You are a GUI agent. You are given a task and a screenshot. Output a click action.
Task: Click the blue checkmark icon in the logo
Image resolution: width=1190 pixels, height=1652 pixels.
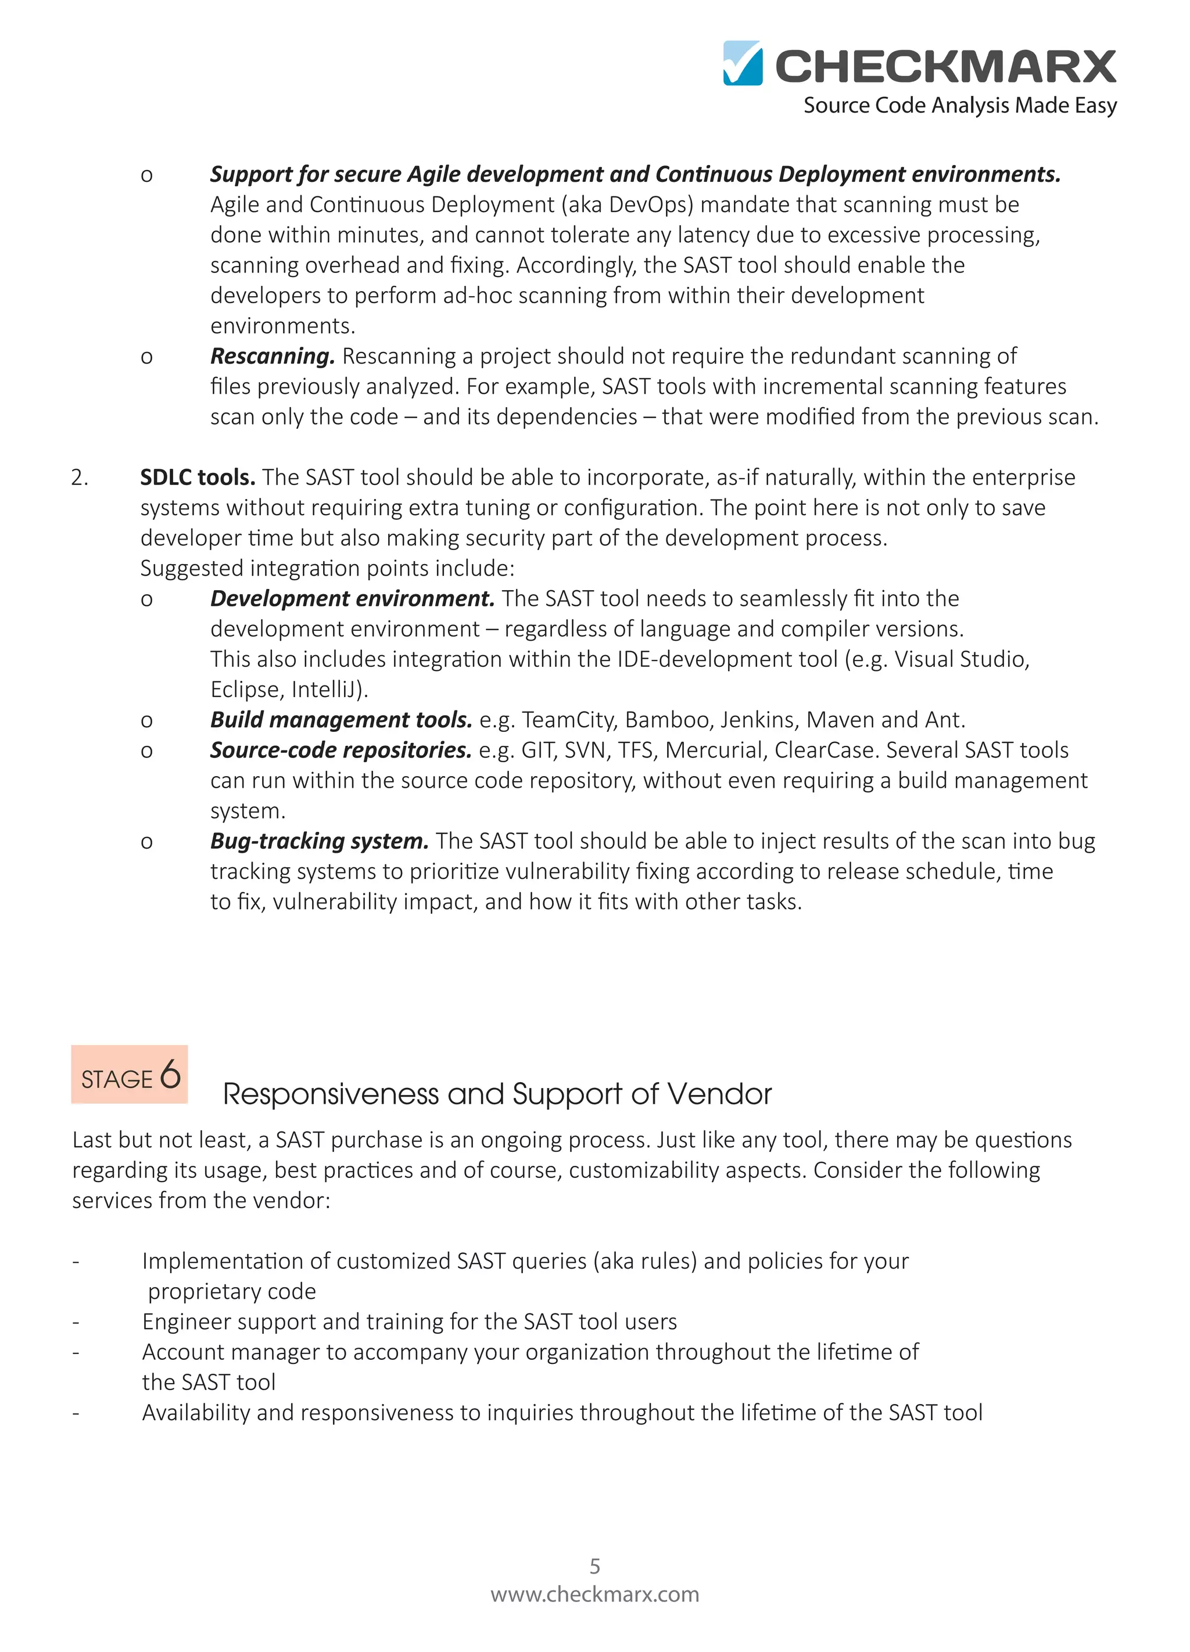tap(743, 63)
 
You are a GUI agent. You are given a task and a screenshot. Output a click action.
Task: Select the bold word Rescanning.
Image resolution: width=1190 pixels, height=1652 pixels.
tap(272, 356)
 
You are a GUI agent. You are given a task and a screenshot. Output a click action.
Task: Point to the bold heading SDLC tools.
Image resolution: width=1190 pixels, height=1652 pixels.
tap(198, 477)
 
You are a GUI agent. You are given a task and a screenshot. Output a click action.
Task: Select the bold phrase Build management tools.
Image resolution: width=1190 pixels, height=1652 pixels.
tap(341, 720)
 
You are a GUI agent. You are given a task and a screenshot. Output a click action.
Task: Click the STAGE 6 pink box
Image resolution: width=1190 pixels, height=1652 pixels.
tap(130, 1075)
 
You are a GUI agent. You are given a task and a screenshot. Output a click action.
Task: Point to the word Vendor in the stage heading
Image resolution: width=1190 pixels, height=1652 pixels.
tap(719, 1094)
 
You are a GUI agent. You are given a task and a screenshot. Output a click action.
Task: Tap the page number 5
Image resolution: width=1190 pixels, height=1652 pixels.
tap(594, 1565)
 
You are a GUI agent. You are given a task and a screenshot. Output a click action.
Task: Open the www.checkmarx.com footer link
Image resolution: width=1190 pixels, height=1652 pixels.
tap(594, 1594)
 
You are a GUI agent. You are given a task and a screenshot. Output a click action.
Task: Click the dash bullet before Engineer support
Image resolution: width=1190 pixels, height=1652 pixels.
tap(76, 1322)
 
